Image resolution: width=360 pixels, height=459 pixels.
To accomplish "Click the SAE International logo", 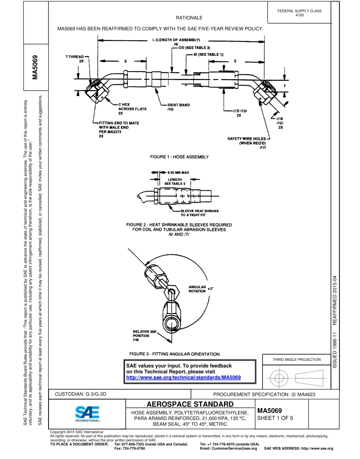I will click(88, 414).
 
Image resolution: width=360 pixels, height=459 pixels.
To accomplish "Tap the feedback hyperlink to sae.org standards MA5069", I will click(183, 378).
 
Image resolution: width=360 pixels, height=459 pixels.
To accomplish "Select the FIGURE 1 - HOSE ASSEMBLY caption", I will click(179, 157).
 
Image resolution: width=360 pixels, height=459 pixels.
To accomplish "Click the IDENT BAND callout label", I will click(178, 107).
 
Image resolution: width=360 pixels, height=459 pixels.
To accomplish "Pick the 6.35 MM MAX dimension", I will click(177, 172).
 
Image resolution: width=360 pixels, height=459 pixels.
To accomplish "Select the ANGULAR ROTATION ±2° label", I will click(200, 289).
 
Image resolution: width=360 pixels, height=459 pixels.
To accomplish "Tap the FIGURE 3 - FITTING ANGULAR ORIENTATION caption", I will click(174, 354).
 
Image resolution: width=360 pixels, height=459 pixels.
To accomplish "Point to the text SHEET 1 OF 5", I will click(275, 418).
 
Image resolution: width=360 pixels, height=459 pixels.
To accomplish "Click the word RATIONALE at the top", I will click(189, 18).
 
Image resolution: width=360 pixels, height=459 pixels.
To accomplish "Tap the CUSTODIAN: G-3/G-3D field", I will click(81, 394).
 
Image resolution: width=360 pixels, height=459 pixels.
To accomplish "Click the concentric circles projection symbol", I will click(279, 378).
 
